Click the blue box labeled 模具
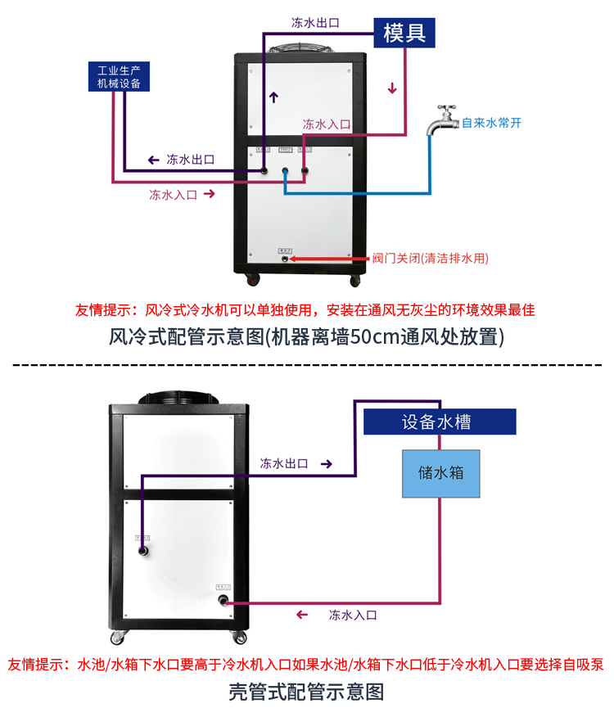click(404, 33)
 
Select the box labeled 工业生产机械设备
click(120, 75)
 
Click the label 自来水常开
click(491, 124)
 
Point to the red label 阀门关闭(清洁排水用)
click(430, 258)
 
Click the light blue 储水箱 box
click(441, 473)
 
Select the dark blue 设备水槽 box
click(440, 422)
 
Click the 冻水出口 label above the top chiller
click(316, 22)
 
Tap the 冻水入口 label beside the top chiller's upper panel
click(327, 124)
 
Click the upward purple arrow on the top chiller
click(273, 97)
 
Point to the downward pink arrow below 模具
click(393, 88)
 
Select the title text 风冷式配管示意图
click(306, 336)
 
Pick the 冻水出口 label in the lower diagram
click(284, 463)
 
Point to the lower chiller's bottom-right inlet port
click(223, 602)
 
